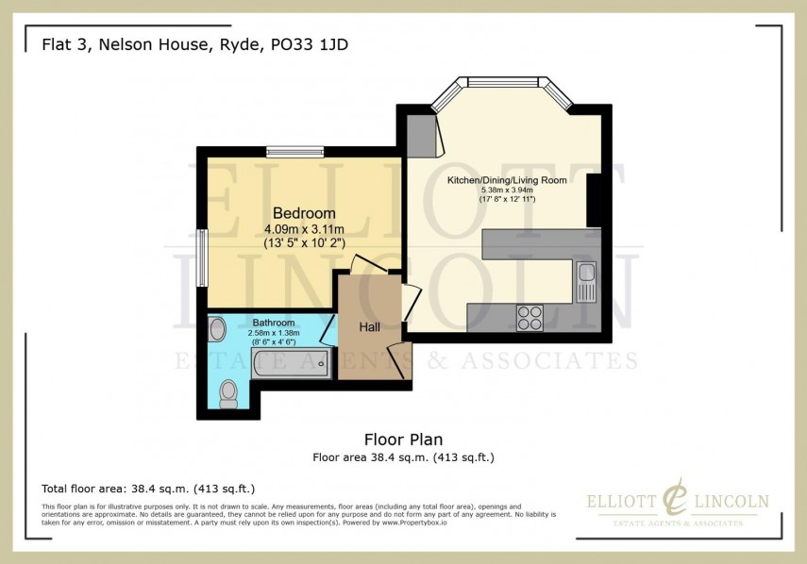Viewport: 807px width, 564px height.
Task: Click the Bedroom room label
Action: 304,212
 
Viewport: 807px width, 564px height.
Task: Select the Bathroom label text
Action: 274,323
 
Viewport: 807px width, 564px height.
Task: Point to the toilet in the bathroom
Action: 227,394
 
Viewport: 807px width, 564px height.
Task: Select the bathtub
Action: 289,362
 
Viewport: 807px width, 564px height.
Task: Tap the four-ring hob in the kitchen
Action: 529,317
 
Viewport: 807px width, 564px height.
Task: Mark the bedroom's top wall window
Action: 294,150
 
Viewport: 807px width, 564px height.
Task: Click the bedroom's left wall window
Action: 200,257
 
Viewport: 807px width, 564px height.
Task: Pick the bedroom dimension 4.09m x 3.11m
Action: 304,229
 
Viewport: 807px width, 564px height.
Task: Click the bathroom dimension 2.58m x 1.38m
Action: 274,332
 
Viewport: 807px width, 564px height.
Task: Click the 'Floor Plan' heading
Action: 403,440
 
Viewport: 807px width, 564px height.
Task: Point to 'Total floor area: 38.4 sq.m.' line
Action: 148,489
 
